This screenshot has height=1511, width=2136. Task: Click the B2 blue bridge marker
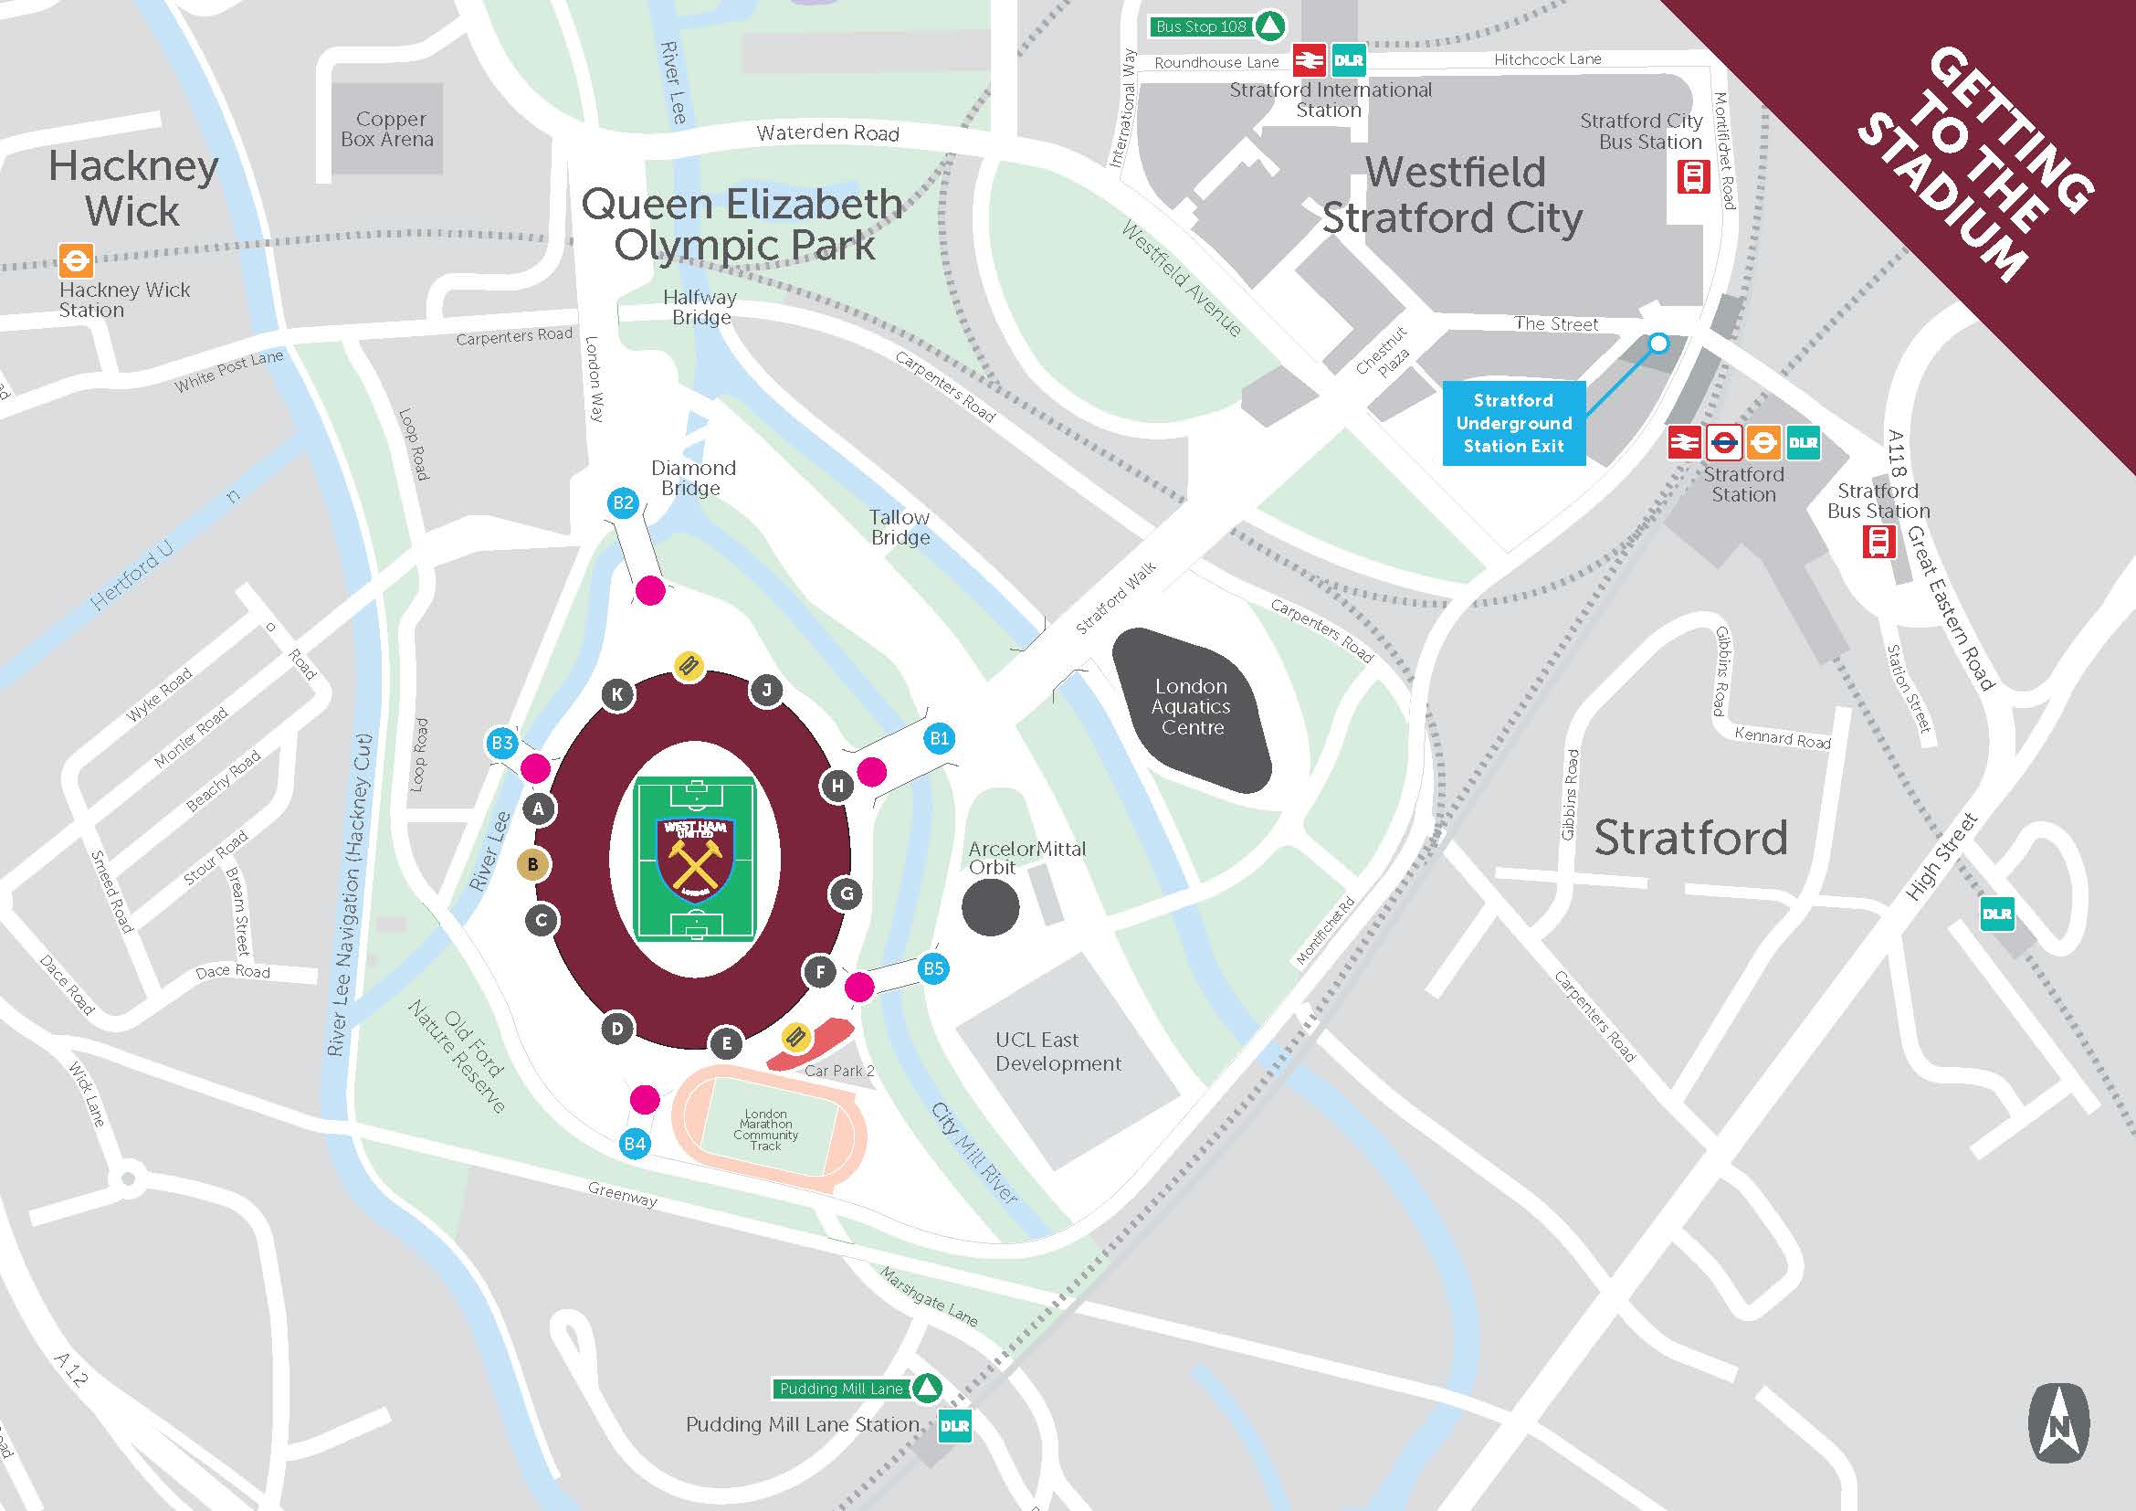pyautogui.click(x=623, y=503)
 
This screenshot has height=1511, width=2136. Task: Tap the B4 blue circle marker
pyautogui.click(x=635, y=1144)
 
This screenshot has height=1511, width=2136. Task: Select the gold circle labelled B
pyautogui.click(x=533, y=864)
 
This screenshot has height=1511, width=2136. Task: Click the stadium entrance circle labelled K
pyautogui.click(x=617, y=694)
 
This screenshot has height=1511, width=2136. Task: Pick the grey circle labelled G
pyautogui.click(x=847, y=894)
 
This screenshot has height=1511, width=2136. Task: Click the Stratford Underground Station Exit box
pyautogui.click(x=1513, y=423)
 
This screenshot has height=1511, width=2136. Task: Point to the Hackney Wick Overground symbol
pyautogui.click(x=76, y=259)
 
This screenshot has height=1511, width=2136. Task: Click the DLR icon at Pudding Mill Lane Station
pyautogui.click(x=954, y=1425)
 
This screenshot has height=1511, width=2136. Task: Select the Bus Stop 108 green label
pyautogui.click(x=1201, y=26)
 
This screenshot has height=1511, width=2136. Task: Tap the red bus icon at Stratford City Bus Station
pyautogui.click(x=1693, y=177)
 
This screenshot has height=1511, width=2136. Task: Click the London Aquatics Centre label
pyautogui.click(x=1192, y=707)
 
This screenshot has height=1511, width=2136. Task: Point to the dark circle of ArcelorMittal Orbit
pyautogui.click(x=990, y=907)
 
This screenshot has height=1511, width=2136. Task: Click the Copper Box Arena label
pyautogui.click(x=388, y=130)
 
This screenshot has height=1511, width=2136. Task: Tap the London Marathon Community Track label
pyautogui.click(x=765, y=1129)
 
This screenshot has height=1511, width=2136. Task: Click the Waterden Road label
pyautogui.click(x=827, y=133)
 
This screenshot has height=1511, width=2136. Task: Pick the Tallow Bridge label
pyautogui.click(x=900, y=526)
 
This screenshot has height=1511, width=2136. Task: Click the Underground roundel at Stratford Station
pyautogui.click(x=1724, y=443)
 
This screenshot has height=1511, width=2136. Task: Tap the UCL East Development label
pyautogui.click(x=1057, y=1051)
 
